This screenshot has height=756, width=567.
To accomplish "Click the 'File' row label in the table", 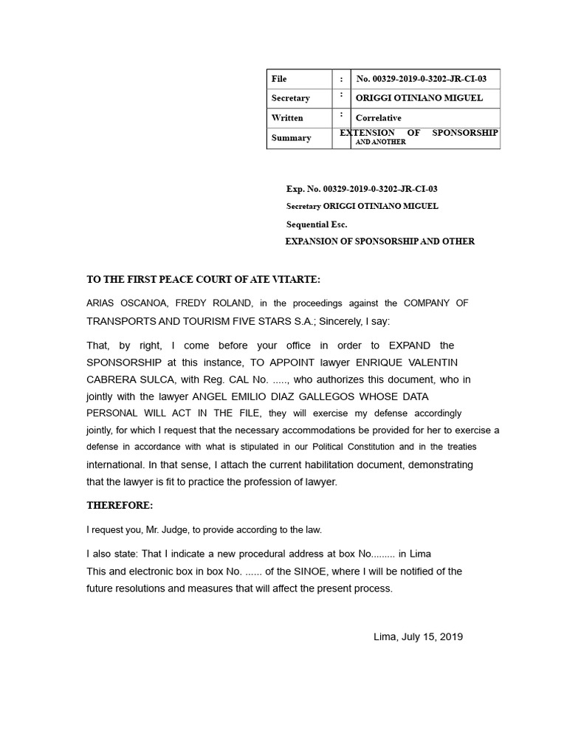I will pyautogui.click(x=279, y=79).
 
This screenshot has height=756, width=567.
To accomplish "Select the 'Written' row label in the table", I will pyautogui.click(x=287, y=118).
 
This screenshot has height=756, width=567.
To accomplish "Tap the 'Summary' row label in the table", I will pyautogui.click(x=291, y=138).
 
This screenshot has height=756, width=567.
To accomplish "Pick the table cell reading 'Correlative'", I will pyautogui.click(x=379, y=118).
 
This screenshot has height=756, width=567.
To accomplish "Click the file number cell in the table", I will pyautogui.click(x=422, y=79).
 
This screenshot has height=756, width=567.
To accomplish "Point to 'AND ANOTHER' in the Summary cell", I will pyautogui.click(x=381, y=142).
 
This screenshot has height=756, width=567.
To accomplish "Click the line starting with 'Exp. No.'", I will pyautogui.click(x=367, y=189).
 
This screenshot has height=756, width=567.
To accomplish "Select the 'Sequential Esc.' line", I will pyautogui.click(x=317, y=224).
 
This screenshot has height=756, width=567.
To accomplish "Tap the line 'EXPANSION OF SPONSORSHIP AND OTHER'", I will pyautogui.click(x=379, y=241).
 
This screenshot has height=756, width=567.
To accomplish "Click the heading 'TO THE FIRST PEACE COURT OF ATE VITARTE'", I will pyautogui.click(x=204, y=280).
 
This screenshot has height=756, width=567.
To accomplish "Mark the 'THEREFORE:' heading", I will pyautogui.click(x=120, y=506).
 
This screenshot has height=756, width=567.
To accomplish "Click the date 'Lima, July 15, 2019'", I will pyautogui.click(x=418, y=636).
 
